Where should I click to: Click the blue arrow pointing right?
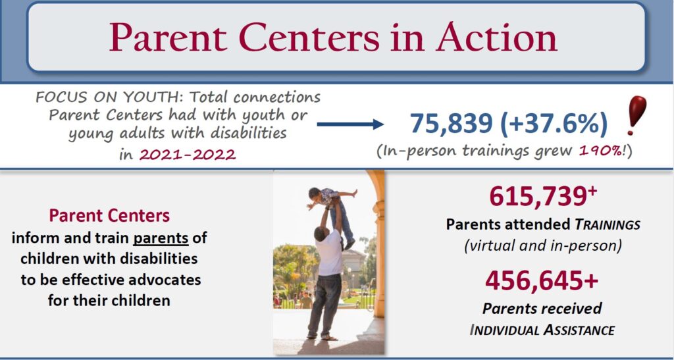coord(350,124)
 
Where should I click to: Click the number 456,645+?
coord(542,281)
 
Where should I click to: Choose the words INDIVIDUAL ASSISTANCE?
coord(542,330)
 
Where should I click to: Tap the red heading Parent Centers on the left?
coord(109,215)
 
